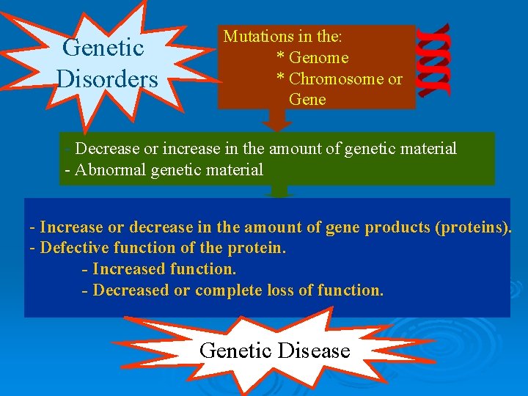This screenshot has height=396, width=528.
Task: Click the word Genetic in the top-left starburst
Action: pos(103,48)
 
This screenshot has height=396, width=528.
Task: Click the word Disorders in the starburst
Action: pos(107,78)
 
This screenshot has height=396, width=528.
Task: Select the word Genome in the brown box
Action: pos(318,57)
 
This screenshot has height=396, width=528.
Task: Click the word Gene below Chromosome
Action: pos(307,99)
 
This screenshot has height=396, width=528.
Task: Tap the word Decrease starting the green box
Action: pos(109,149)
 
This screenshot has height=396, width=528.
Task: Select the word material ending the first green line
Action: pos(428,149)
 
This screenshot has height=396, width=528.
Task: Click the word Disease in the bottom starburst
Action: pos(315,351)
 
